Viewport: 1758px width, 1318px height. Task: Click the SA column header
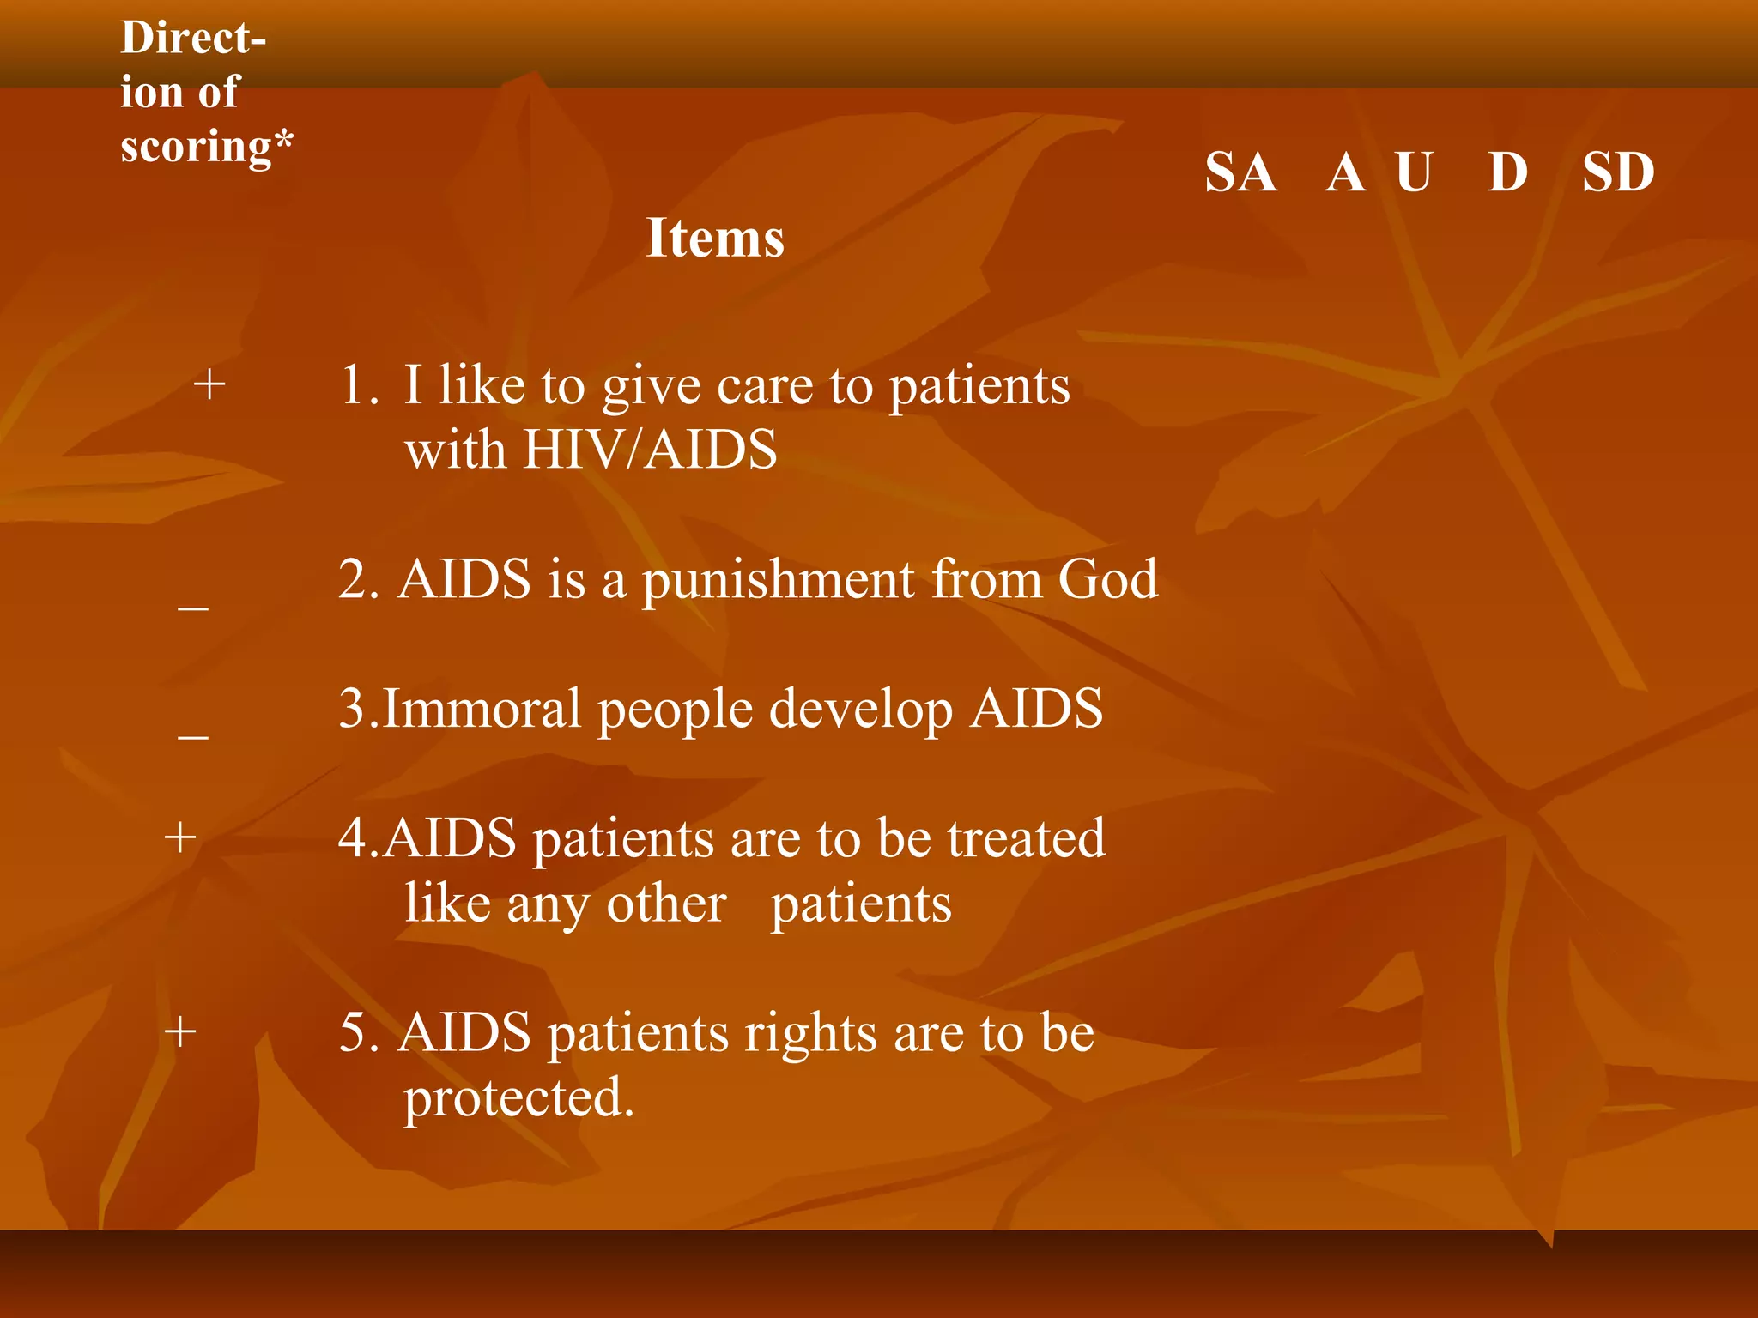tap(1240, 172)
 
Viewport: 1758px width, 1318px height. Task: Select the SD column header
tap(1618, 172)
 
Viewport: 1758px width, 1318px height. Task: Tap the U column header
tap(1414, 172)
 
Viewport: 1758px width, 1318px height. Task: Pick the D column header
tap(1508, 172)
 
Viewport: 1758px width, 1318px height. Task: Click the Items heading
tap(715, 238)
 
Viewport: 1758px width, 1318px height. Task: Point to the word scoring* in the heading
tap(206, 146)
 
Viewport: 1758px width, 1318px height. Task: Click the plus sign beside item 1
tap(209, 384)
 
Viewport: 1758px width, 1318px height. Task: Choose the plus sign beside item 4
tap(180, 837)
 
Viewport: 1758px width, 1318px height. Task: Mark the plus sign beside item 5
tap(180, 1031)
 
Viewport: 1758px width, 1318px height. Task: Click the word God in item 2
tap(1107, 579)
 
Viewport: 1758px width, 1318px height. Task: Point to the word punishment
tap(778, 582)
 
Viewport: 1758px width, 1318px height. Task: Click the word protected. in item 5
tap(518, 1098)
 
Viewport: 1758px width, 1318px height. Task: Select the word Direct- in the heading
tap(193, 39)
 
